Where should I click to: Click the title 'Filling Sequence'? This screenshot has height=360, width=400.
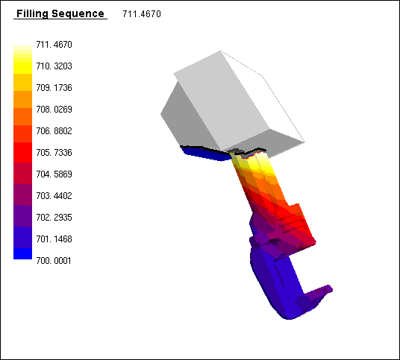click(60, 13)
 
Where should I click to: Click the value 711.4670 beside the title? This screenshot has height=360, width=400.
click(142, 14)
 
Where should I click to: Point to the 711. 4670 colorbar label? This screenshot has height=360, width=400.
click(54, 45)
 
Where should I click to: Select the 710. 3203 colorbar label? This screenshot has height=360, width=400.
click(54, 66)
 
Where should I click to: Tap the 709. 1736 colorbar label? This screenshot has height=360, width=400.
click(54, 88)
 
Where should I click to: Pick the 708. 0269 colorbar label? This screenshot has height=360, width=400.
click(54, 110)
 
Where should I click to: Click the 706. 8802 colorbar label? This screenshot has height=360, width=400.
click(54, 131)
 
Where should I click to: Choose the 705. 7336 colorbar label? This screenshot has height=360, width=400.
click(54, 153)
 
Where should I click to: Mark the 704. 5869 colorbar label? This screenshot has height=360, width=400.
click(54, 174)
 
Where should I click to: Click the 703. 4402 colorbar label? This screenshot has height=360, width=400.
click(54, 196)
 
